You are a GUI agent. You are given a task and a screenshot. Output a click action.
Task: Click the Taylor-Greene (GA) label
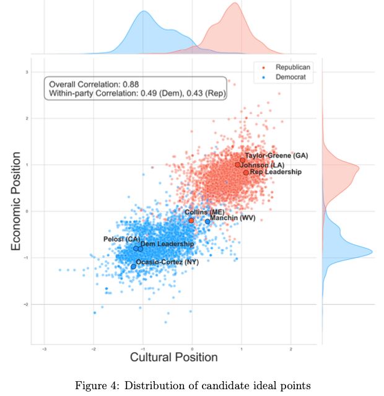tap(276, 156)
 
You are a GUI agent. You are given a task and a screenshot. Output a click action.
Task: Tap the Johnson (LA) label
tap(264, 165)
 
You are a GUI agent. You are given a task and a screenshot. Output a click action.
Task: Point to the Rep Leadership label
tap(276, 172)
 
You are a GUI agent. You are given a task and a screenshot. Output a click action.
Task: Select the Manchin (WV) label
tap(233, 218)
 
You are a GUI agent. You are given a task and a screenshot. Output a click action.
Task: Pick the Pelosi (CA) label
tap(121, 239)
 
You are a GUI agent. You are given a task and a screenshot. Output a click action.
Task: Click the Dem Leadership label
tap(167, 244)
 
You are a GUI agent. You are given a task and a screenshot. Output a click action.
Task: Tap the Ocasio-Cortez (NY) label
tap(167, 262)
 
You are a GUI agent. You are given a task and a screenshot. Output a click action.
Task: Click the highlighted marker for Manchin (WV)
tap(207, 221)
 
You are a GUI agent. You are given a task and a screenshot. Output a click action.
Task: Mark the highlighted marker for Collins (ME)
tap(191, 220)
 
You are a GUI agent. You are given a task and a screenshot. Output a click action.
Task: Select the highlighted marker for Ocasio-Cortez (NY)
tap(133, 266)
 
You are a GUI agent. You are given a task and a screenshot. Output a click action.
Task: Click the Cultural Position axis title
tap(173, 358)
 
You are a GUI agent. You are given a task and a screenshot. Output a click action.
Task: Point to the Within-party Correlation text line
tap(137, 94)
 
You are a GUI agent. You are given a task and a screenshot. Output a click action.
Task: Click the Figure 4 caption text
tap(191, 385)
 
